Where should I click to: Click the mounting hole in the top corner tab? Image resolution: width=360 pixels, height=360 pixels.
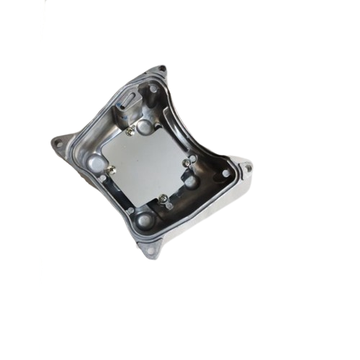[x=161, y=69]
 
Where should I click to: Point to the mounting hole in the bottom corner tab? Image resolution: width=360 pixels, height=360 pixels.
[x=150, y=251]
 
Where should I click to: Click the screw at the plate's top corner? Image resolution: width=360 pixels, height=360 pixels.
[x=130, y=131]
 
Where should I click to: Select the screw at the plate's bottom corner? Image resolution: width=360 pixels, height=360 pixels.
[x=164, y=199]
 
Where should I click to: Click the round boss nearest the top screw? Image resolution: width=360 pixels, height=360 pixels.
[x=144, y=127]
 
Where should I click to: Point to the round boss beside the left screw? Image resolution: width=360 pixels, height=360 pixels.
[x=96, y=164]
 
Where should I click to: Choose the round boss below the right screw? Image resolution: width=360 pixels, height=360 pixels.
[x=191, y=181]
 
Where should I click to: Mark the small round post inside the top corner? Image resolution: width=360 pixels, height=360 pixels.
[x=153, y=89]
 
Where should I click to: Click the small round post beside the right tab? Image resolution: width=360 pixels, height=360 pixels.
[x=226, y=174]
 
